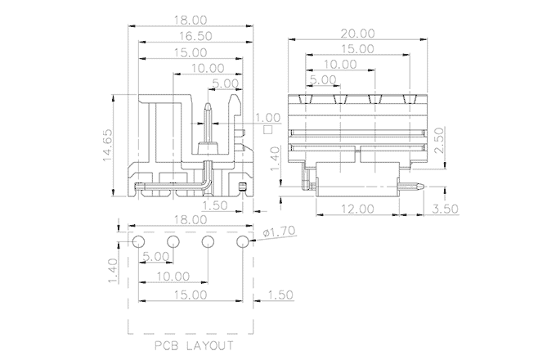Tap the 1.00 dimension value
267,117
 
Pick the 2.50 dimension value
438,136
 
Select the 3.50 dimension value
446,209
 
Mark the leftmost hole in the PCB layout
138,242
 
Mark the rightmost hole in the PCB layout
243,242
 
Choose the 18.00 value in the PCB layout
191,220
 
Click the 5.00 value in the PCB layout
155,257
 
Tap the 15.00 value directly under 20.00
357,49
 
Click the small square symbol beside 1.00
267,128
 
